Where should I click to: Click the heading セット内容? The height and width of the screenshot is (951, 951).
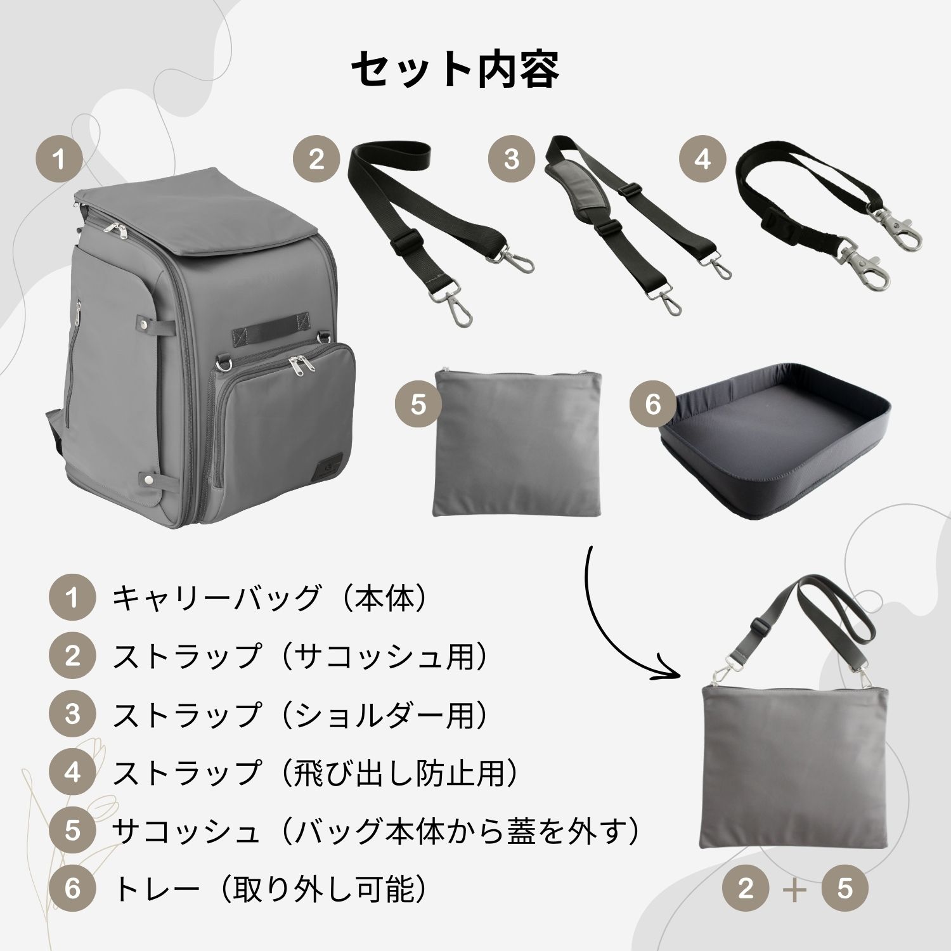tap(455, 68)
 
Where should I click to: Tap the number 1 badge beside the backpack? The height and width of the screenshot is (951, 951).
tap(60, 158)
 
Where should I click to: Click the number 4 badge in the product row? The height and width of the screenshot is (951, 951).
tap(702, 158)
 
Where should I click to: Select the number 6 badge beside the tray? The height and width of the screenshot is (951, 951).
tap(653, 404)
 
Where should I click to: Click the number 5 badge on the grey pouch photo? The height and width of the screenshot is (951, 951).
tap(418, 404)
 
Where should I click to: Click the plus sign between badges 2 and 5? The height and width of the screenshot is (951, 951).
tap(795, 889)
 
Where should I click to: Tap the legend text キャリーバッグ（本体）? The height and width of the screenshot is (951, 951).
tap(269, 598)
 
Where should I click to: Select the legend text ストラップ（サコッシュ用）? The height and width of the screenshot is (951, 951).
tap(301, 656)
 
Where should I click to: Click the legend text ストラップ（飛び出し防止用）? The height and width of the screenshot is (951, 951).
tap(315, 773)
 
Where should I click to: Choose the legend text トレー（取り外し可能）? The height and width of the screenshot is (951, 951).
tap(269, 889)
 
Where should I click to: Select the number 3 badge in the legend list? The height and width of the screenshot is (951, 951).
tap(72, 715)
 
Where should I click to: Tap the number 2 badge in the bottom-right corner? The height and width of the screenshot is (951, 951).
tap(746, 889)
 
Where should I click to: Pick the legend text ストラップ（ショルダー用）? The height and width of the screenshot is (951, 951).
tap(301, 715)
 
